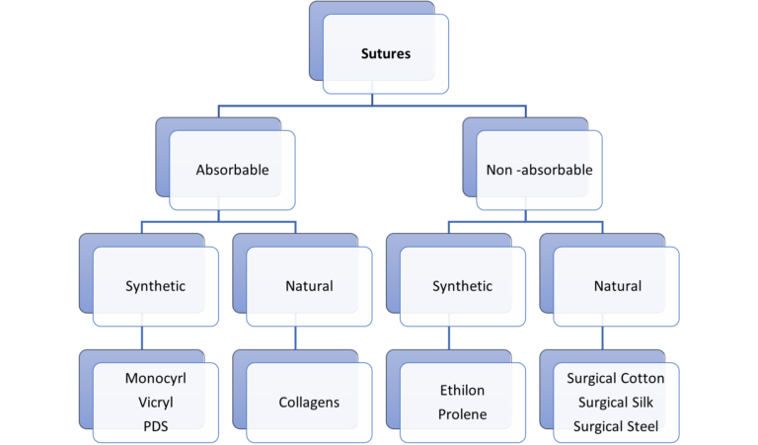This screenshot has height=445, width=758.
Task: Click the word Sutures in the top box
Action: pos(385,53)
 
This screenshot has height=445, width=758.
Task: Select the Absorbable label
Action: pos(232,170)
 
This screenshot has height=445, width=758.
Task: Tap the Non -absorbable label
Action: pos(539,170)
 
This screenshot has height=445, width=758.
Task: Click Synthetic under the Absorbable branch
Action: pos(155,286)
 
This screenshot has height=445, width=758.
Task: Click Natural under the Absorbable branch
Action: pos(309,286)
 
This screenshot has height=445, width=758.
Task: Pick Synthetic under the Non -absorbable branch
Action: pos(462,286)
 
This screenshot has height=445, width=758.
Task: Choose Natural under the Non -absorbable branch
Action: pos(617,286)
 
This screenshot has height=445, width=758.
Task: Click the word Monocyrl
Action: pos(155,379)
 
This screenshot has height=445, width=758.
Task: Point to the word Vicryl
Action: pos(155,403)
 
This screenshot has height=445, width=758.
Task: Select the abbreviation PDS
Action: pos(155,426)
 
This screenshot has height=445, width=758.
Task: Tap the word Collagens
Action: pos(309,403)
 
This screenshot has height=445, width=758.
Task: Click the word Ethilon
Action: pos(462,391)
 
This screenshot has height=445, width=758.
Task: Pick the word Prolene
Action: pos(462,414)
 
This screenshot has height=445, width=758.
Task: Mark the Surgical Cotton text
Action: pos(615,379)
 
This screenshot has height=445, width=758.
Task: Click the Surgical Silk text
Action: pos(615,403)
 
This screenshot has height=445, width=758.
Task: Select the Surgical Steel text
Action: pos(615,426)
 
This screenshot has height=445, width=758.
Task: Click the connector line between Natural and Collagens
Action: pos(295,337)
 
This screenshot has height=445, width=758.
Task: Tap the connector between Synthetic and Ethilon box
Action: pos(449,337)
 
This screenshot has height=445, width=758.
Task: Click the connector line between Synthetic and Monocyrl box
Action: pos(142,337)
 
